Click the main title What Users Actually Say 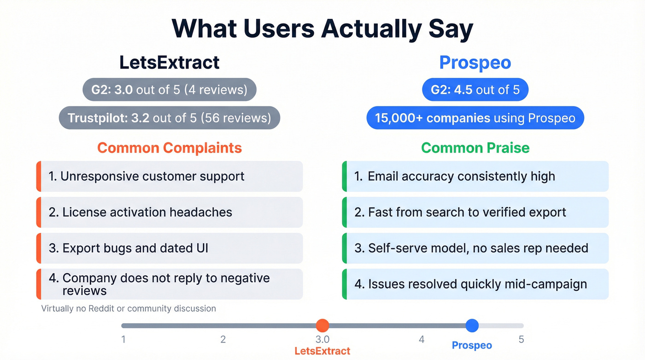coord(322,29)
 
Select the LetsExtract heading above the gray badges coord(169,62)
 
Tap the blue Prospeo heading coord(475,62)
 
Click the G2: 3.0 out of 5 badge coord(169,90)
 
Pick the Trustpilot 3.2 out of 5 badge coord(169,118)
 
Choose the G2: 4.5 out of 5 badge coord(475,90)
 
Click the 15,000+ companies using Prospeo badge coord(475,118)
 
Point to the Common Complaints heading coord(169,148)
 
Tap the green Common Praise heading coord(475,148)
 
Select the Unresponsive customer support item coord(169,176)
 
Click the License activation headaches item coord(169,212)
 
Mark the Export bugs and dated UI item coord(169,248)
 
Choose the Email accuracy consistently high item coord(475,176)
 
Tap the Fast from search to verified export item coord(475,212)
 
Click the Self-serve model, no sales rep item coord(475,248)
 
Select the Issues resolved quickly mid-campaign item coord(475,284)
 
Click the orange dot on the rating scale coord(322,325)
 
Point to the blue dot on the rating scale coord(472,325)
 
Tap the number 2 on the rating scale coord(223,340)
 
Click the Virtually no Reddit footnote coord(129,308)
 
